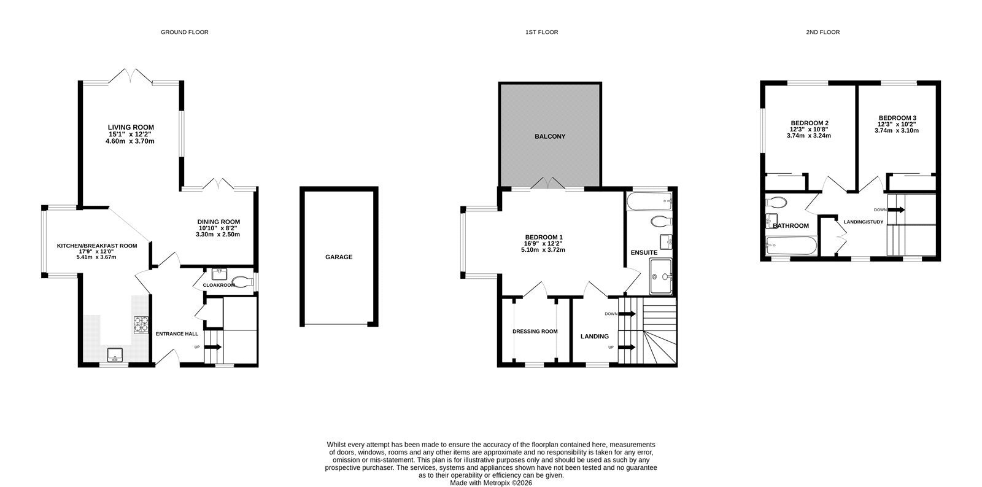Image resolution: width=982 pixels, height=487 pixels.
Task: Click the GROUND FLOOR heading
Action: pos(185,32)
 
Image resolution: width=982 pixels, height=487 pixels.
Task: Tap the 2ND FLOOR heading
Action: pos(823,32)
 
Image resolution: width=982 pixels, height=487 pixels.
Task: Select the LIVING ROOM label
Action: pos(131,127)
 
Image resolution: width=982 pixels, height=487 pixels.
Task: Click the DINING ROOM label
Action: pos(218,222)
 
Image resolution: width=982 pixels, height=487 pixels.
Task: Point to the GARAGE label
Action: pos(339,257)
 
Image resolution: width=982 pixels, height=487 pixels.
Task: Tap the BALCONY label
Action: pos(550,136)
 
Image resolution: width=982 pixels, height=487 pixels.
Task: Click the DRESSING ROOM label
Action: pos(535,331)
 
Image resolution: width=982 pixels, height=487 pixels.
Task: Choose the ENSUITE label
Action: pos(644,253)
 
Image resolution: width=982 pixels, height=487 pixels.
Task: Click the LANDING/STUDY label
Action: pos(864,222)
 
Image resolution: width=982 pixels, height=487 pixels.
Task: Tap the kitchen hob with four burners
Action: pos(141,325)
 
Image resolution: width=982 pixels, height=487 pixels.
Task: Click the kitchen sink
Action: pos(115,354)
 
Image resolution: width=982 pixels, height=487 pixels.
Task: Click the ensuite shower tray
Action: pos(660,276)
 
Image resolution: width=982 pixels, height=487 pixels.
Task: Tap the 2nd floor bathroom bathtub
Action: pos(791,246)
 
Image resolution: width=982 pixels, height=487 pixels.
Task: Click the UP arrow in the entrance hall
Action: pos(212,347)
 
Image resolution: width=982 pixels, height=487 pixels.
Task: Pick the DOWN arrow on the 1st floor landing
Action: pos(627,314)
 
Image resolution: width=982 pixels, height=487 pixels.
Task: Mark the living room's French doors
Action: pos(131,76)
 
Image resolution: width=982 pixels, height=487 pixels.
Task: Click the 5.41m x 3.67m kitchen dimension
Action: pos(96,257)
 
